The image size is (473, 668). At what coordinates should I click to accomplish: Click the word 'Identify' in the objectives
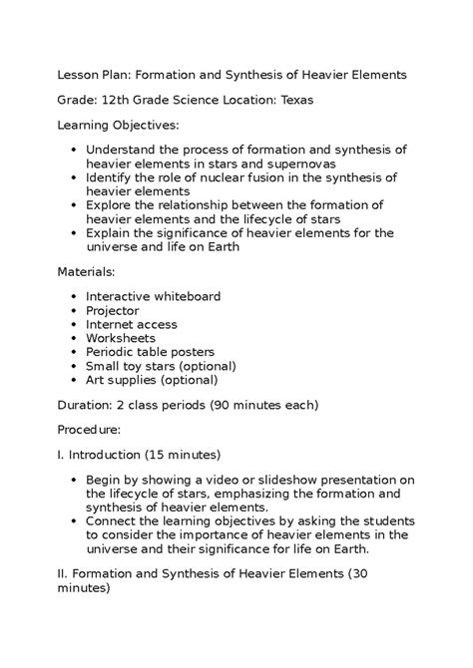[111, 177]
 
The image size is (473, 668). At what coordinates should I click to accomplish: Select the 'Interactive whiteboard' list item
[153, 296]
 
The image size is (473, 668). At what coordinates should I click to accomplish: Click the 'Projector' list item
[113, 310]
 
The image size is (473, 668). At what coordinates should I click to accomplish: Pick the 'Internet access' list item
[132, 324]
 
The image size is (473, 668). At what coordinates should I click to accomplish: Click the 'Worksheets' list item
[121, 338]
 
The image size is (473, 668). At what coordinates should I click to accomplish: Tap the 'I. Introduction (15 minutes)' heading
[138, 456]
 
